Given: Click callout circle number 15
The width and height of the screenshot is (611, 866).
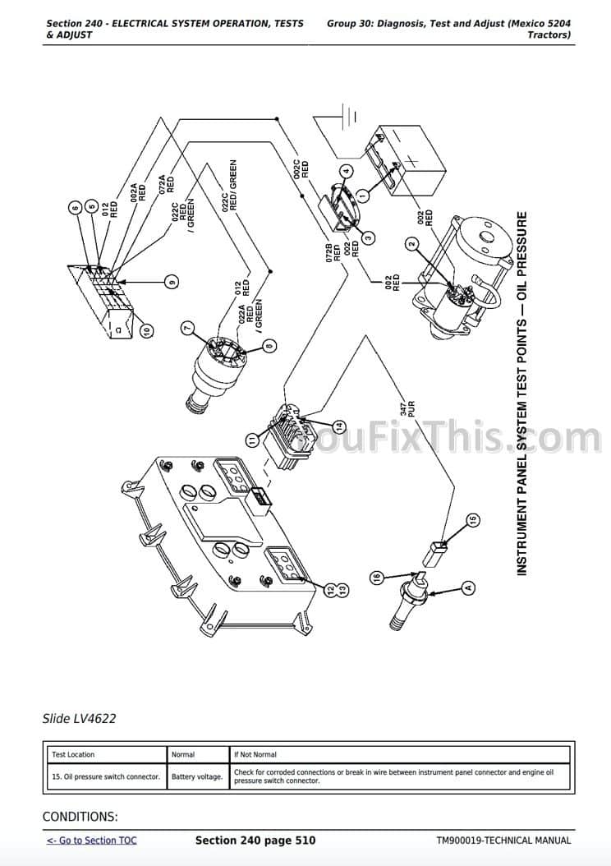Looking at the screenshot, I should (472, 519).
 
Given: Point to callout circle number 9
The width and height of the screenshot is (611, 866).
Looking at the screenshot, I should (171, 282).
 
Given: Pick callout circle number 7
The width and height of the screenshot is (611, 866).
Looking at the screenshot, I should (187, 328).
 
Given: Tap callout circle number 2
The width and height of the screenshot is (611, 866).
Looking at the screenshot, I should (412, 243).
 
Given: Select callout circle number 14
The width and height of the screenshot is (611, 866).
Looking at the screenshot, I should (340, 426).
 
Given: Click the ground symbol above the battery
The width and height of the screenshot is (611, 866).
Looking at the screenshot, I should (346, 115).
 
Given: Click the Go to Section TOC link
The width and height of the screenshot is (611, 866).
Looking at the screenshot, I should (91, 841).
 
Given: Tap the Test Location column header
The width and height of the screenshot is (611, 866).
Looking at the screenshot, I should (73, 754).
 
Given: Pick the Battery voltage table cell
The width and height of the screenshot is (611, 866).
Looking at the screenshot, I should (197, 776).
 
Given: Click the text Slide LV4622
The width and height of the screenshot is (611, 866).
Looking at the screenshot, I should (79, 719).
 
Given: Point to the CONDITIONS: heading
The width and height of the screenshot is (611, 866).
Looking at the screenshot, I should (80, 817).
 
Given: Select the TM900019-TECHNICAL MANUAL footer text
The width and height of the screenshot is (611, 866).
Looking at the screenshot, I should (503, 841).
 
